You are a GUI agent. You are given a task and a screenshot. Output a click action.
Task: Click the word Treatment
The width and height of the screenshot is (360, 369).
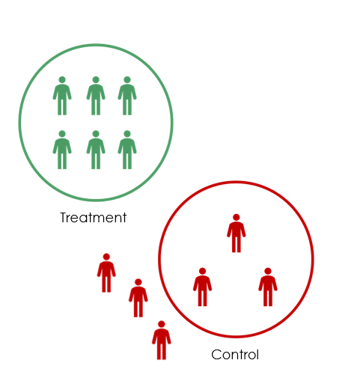(x=94, y=218)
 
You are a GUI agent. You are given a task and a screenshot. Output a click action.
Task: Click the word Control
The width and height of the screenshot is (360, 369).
(x=235, y=355)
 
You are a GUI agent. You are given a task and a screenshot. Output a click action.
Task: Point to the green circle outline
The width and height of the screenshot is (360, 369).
(x=19, y=122)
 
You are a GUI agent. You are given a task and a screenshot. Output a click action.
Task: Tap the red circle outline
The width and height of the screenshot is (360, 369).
(x=159, y=260)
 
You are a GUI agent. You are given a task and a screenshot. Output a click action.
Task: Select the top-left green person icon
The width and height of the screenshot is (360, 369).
(x=62, y=96)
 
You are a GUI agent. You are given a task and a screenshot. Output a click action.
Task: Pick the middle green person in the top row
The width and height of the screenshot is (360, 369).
(x=96, y=96)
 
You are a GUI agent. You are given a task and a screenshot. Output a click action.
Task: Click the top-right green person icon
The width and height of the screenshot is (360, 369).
(x=127, y=96)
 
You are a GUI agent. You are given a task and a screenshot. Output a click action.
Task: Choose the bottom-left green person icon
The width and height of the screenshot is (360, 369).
(x=62, y=150)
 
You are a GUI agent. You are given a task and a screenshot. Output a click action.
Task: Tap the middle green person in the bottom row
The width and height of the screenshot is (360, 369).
(x=96, y=150)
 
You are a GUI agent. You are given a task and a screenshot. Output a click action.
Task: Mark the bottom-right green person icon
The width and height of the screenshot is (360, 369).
(x=127, y=150)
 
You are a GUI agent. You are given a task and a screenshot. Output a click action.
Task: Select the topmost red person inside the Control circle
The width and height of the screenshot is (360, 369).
(x=237, y=234)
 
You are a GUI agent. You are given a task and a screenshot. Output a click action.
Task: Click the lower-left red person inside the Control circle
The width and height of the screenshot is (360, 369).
(x=202, y=287)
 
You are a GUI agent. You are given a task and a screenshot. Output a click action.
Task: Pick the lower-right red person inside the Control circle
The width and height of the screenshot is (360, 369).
(x=268, y=287)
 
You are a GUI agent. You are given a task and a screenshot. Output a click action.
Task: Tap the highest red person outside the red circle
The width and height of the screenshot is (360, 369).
(x=106, y=272)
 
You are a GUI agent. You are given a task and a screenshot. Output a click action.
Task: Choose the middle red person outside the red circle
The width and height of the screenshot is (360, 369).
(x=138, y=298)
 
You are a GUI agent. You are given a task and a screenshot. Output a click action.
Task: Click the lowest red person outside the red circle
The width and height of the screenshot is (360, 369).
(x=162, y=340)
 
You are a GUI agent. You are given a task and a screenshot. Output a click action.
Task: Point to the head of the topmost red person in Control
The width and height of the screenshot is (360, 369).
(x=237, y=217)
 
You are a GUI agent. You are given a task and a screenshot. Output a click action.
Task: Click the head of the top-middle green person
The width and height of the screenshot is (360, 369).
(x=96, y=80)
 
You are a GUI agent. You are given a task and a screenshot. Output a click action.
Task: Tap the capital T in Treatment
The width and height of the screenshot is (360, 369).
(x=64, y=218)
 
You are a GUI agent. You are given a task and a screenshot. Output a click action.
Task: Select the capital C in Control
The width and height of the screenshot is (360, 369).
(x=216, y=355)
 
